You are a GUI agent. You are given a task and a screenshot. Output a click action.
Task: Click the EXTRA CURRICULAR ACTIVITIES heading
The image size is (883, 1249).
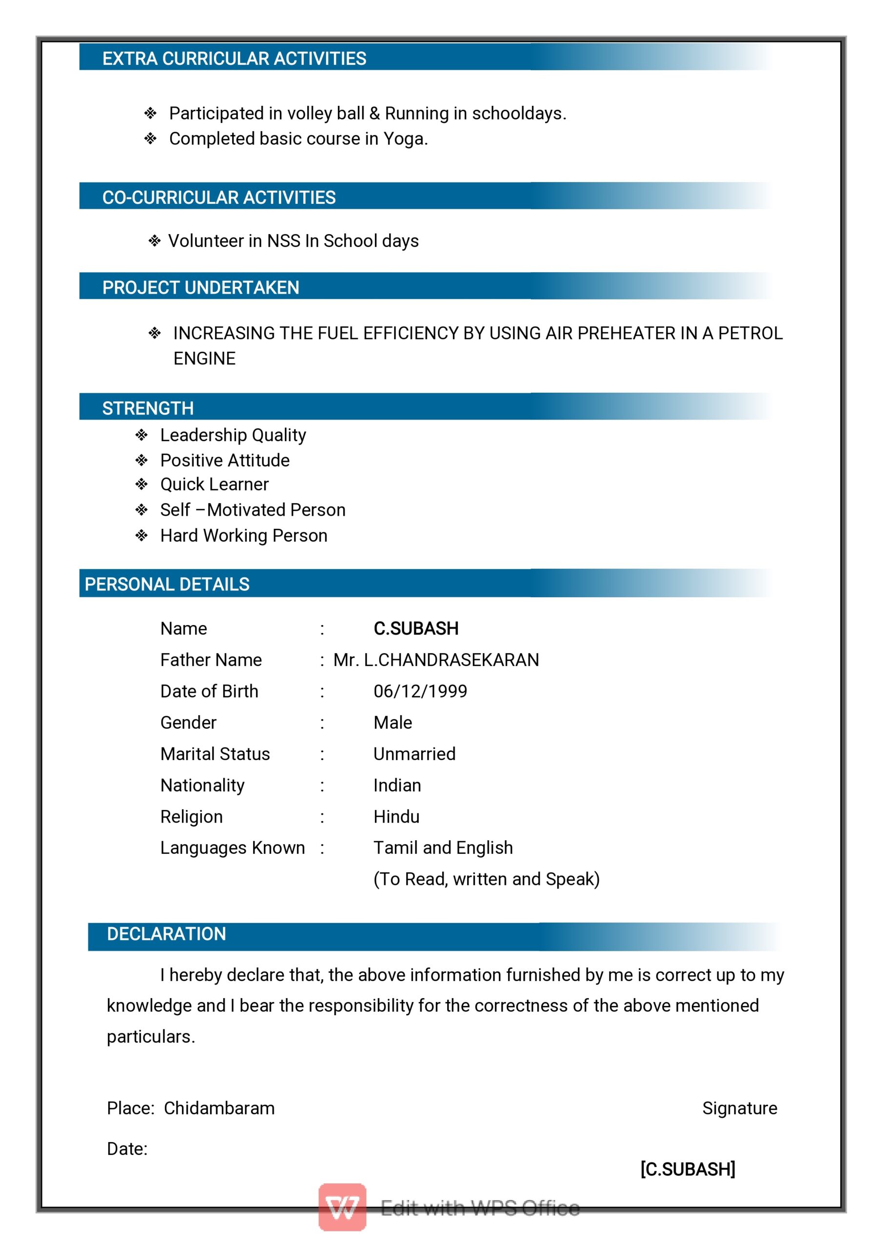pyautogui.click(x=234, y=58)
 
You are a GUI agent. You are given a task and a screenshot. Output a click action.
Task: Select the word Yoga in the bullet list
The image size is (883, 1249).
pyautogui.click(x=405, y=139)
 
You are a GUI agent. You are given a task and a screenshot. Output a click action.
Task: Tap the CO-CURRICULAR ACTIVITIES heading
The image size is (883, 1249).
pyautogui.click(x=218, y=198)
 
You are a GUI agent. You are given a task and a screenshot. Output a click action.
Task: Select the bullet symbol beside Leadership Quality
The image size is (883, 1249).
pyautogui.click(x=141, y=435)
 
